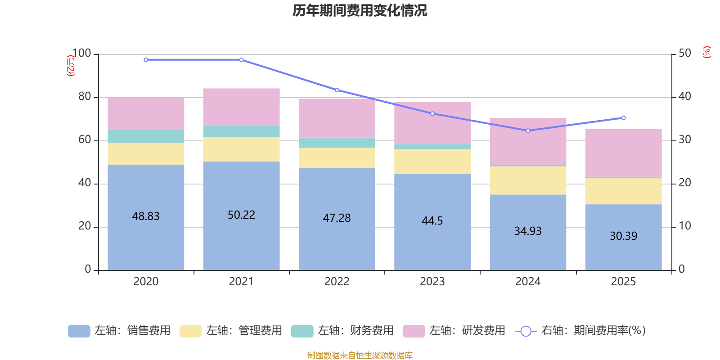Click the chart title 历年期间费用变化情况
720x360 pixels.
360,10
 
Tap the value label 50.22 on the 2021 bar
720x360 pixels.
241,215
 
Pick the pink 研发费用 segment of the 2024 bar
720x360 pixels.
528,141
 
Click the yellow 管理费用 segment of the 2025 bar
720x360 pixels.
623,191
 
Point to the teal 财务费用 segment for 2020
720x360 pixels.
146,136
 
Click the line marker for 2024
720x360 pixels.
528,130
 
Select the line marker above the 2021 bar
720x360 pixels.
241,60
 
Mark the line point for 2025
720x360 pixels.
623,118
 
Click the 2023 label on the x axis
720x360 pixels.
432,282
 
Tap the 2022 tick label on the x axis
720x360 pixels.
337,282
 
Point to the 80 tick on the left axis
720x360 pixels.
85,96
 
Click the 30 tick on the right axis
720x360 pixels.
684,139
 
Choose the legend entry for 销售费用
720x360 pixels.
119,331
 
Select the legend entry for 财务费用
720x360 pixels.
342,331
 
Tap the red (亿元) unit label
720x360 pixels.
71,66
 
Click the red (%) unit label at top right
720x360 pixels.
706,52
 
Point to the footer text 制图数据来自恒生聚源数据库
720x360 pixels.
360,355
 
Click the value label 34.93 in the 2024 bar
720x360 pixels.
528,231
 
